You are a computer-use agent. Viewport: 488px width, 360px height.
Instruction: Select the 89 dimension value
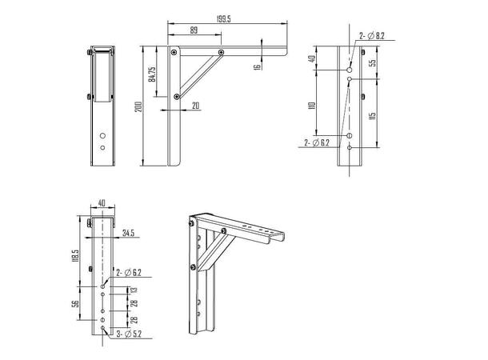[194, 30]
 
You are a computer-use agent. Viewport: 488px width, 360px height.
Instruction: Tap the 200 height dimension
[138, 106]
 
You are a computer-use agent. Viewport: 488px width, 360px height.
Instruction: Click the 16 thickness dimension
[258, 67]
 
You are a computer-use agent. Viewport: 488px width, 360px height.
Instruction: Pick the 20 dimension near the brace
[194, 105]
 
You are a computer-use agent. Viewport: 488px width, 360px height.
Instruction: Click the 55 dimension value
[374, 62]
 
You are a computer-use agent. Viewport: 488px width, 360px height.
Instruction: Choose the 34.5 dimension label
[130, 234]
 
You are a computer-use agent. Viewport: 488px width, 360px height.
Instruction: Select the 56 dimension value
[73, 305]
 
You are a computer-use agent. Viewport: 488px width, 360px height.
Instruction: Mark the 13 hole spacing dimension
[134, 290]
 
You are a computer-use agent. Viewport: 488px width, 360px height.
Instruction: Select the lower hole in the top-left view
[102, 148]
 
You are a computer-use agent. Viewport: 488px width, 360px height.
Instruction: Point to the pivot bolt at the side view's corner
[174, 53]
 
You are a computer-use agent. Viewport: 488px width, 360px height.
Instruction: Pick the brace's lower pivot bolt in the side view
[175, 98]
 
